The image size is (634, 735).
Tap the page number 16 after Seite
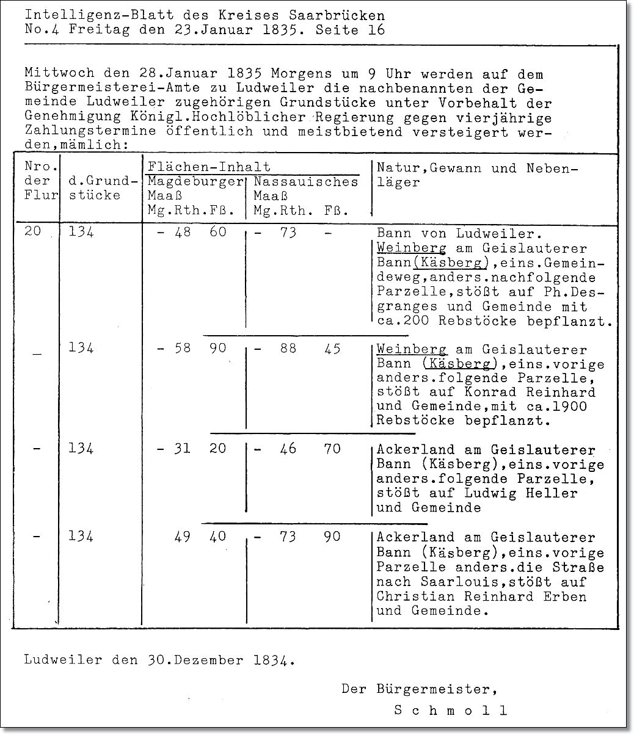click(x=376, y=29)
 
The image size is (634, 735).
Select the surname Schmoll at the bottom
click(x=450, y=710)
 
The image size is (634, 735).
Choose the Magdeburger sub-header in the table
click(x=195, y=182)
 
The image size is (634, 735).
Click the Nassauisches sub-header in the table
click(x=305, y=182)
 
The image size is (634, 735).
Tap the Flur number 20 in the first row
click(x=33, y=232)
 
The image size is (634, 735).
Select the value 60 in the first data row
click(x=217, y=232)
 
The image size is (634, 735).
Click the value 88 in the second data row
click(x=288, y=349)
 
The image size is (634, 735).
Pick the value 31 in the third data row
click(x=182, y=449)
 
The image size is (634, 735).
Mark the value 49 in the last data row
click(x=182, y=537)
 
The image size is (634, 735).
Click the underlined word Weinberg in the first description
click(x=410, y=248)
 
